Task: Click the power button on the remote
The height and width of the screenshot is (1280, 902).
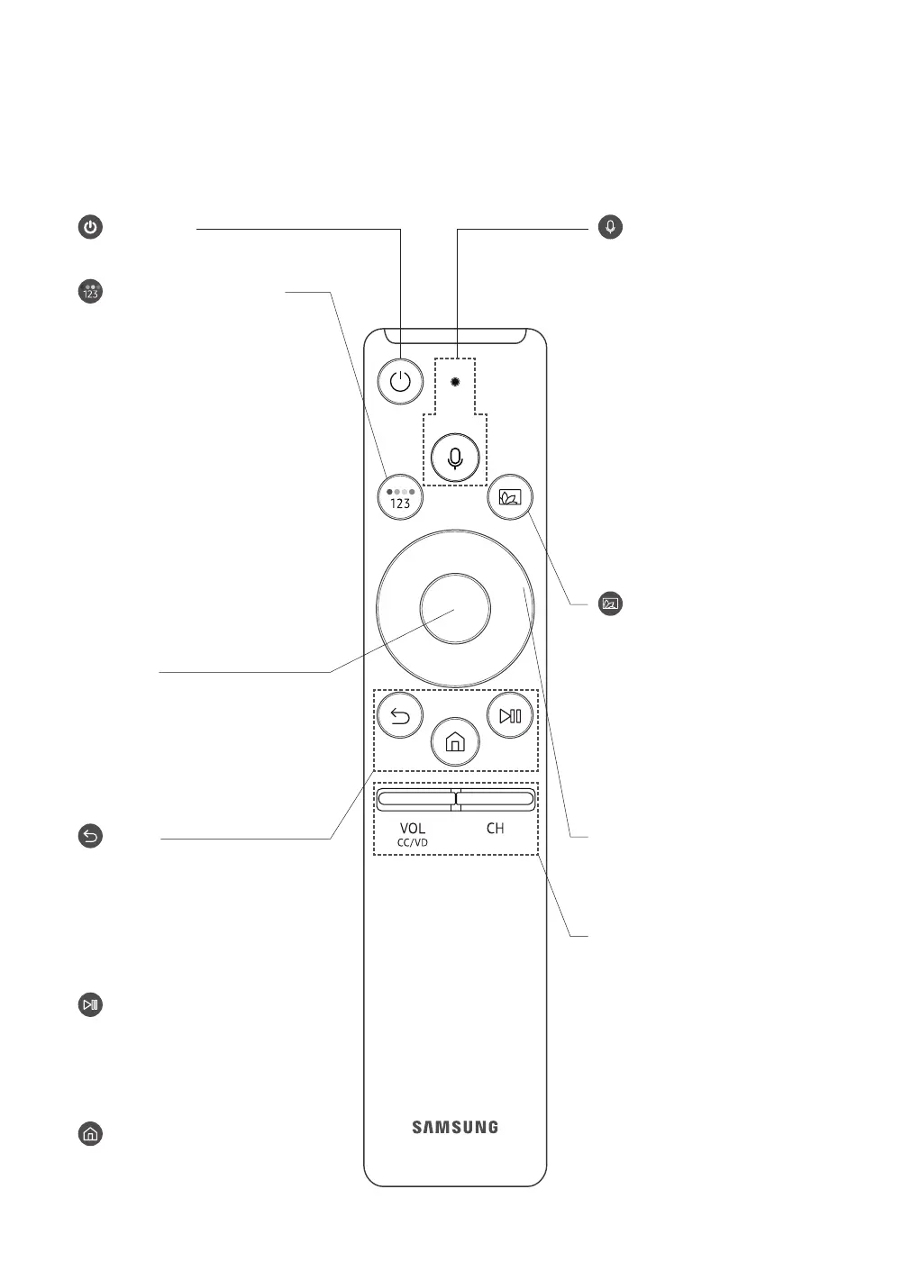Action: [400, 381]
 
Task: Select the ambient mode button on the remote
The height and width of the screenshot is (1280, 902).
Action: [510, 496]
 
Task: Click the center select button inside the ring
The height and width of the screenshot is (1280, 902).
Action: [455, 609]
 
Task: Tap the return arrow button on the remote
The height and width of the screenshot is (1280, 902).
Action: [400, 717]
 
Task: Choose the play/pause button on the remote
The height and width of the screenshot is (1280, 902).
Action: [510, 716]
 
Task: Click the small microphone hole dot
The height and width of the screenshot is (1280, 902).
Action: [456, 381]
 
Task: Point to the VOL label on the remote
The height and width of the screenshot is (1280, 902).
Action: [413, 828]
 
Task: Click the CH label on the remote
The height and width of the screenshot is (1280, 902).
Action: [495, 828]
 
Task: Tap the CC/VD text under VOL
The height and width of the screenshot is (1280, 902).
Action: [413, 843]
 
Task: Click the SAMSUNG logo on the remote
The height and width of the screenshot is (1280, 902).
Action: [455, 1127]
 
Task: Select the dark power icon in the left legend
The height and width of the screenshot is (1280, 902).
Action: [90, 227]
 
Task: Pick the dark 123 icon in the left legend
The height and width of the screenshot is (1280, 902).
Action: [90, 292]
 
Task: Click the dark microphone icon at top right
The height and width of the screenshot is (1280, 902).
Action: [611, 227]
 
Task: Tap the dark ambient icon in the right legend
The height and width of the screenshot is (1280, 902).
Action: [611, 604]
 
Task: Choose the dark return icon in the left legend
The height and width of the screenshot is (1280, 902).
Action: [90, 837]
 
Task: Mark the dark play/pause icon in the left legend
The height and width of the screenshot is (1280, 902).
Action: [90, 1004]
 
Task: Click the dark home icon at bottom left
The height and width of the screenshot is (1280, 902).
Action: [90, 1134]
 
